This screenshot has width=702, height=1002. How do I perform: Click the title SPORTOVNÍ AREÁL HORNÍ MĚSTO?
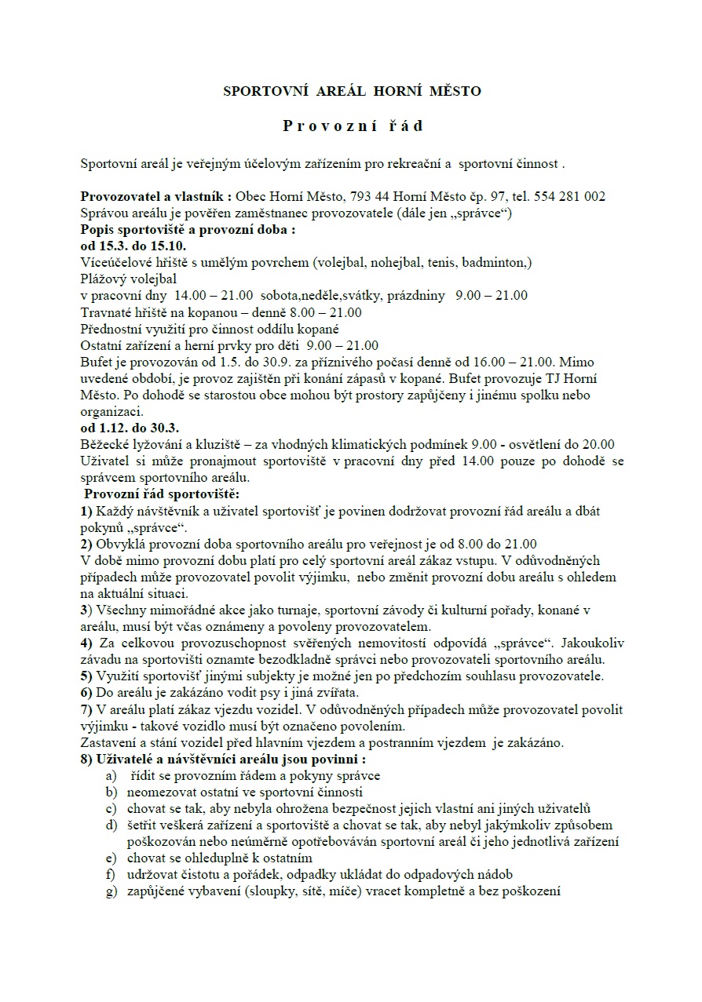click(352, 91)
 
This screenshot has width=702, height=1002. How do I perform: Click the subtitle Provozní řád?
click(353, 126)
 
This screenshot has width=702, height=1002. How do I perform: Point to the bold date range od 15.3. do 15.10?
click(133, 246)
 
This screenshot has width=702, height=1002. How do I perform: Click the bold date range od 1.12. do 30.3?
click(130, 428)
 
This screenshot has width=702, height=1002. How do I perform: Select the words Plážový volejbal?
click(128, 279)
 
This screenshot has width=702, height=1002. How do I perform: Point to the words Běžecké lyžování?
click(127, 444)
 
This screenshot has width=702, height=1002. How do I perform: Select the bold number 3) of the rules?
click(86, 609)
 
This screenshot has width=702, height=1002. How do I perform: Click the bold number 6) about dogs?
click(86, 693)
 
